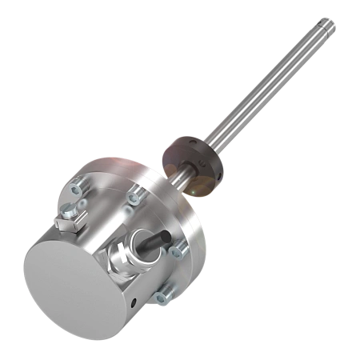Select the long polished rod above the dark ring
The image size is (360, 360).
point(264,95)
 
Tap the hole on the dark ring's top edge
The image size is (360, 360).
point(185,140)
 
